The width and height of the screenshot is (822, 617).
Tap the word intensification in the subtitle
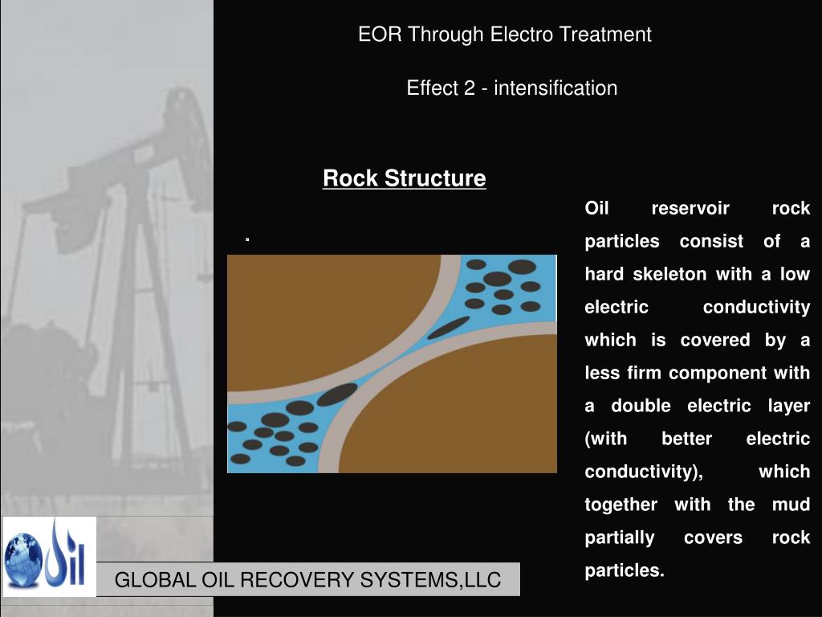coord(555,88)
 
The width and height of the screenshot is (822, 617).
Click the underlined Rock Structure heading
coord(404,178)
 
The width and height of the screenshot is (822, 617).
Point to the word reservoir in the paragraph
coord(690,209)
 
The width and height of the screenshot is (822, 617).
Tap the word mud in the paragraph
coord(791,505)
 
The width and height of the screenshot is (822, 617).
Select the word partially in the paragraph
coord(619,538)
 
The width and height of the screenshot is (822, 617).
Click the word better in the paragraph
coord(686,439)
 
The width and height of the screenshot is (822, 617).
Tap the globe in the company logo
coord(23,556)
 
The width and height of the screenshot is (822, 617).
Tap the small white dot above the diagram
coord(249,239)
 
